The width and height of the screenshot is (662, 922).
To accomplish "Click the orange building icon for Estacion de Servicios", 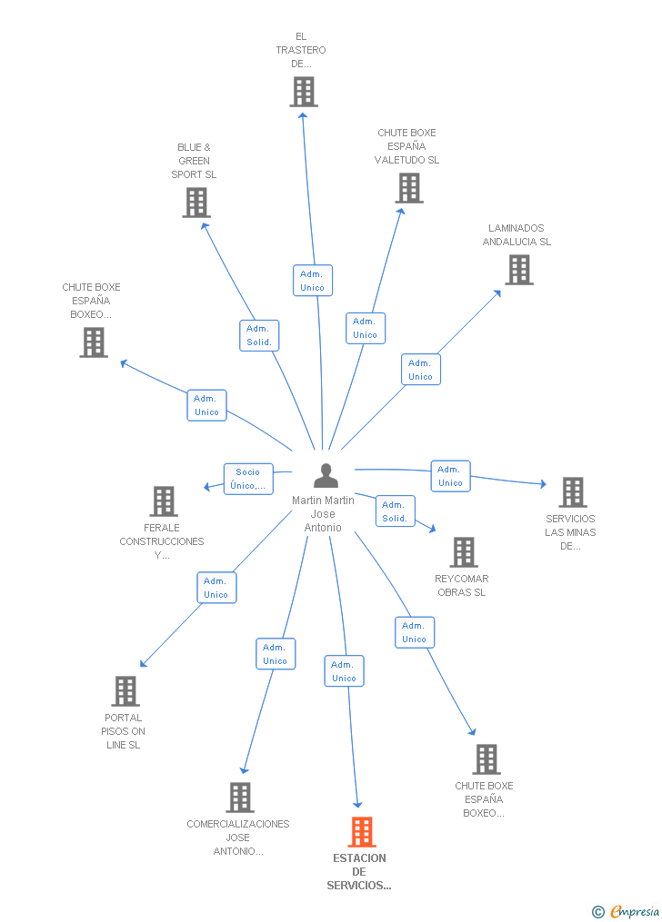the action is point(362,831).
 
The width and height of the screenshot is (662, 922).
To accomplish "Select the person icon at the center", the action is point(326,475).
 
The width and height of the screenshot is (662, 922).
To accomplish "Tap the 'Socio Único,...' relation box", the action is point(248,479).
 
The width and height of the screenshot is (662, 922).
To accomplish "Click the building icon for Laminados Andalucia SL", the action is point(519,269).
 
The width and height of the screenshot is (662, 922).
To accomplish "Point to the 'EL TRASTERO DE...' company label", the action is point(301,50).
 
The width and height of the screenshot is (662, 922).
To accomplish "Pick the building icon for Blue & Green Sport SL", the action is point(196,203).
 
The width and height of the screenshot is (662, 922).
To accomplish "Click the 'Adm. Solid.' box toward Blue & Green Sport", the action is point(259,335).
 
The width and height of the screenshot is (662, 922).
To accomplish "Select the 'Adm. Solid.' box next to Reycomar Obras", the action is point(395,511).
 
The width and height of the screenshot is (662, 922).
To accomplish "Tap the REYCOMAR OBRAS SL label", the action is point(462,586).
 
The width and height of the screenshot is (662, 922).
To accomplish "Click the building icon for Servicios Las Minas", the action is point(573,491).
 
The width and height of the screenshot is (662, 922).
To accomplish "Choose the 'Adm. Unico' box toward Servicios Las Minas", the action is point(450,476).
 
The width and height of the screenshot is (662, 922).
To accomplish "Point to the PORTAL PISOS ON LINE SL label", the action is point(123,731).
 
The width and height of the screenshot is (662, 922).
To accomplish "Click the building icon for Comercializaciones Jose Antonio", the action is point(240,797).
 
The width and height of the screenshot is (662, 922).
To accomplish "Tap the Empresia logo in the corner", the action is point(626,911).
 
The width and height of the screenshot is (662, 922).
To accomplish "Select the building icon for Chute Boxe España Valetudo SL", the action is point(409,187).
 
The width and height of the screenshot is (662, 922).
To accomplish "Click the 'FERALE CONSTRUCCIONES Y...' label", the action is point(162,541).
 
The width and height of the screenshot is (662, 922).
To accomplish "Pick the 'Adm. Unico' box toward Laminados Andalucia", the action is point(421,370).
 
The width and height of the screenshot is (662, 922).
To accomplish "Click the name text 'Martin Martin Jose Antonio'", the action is point(323,514).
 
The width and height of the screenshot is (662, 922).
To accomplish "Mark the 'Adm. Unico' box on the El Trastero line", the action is point(313,281).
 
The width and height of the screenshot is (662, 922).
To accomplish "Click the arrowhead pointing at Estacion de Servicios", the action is point(357,804).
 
